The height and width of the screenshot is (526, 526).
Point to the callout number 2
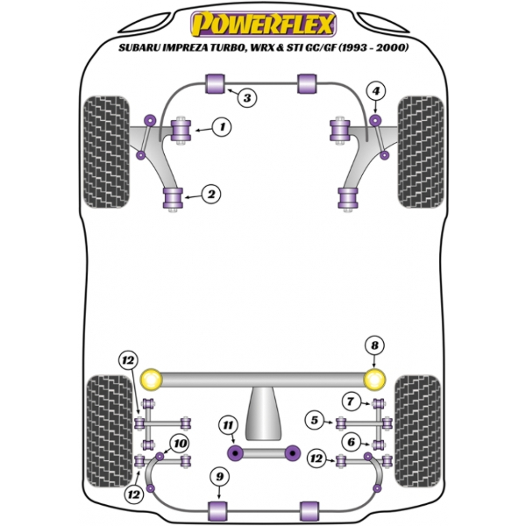coord(210,195)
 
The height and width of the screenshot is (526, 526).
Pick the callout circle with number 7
coord(352,402)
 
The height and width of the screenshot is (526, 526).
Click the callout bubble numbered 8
coord(374,345)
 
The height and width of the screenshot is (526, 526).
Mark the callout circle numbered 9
coord(219,476)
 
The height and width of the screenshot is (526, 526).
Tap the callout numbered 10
coord(180,443)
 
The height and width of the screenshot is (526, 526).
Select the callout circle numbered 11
coord(229,427)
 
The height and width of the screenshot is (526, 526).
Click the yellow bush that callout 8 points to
coord(376,380)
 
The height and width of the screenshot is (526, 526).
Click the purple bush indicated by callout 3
coord(215,84)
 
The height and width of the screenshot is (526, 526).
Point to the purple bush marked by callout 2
coord(174,198)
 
